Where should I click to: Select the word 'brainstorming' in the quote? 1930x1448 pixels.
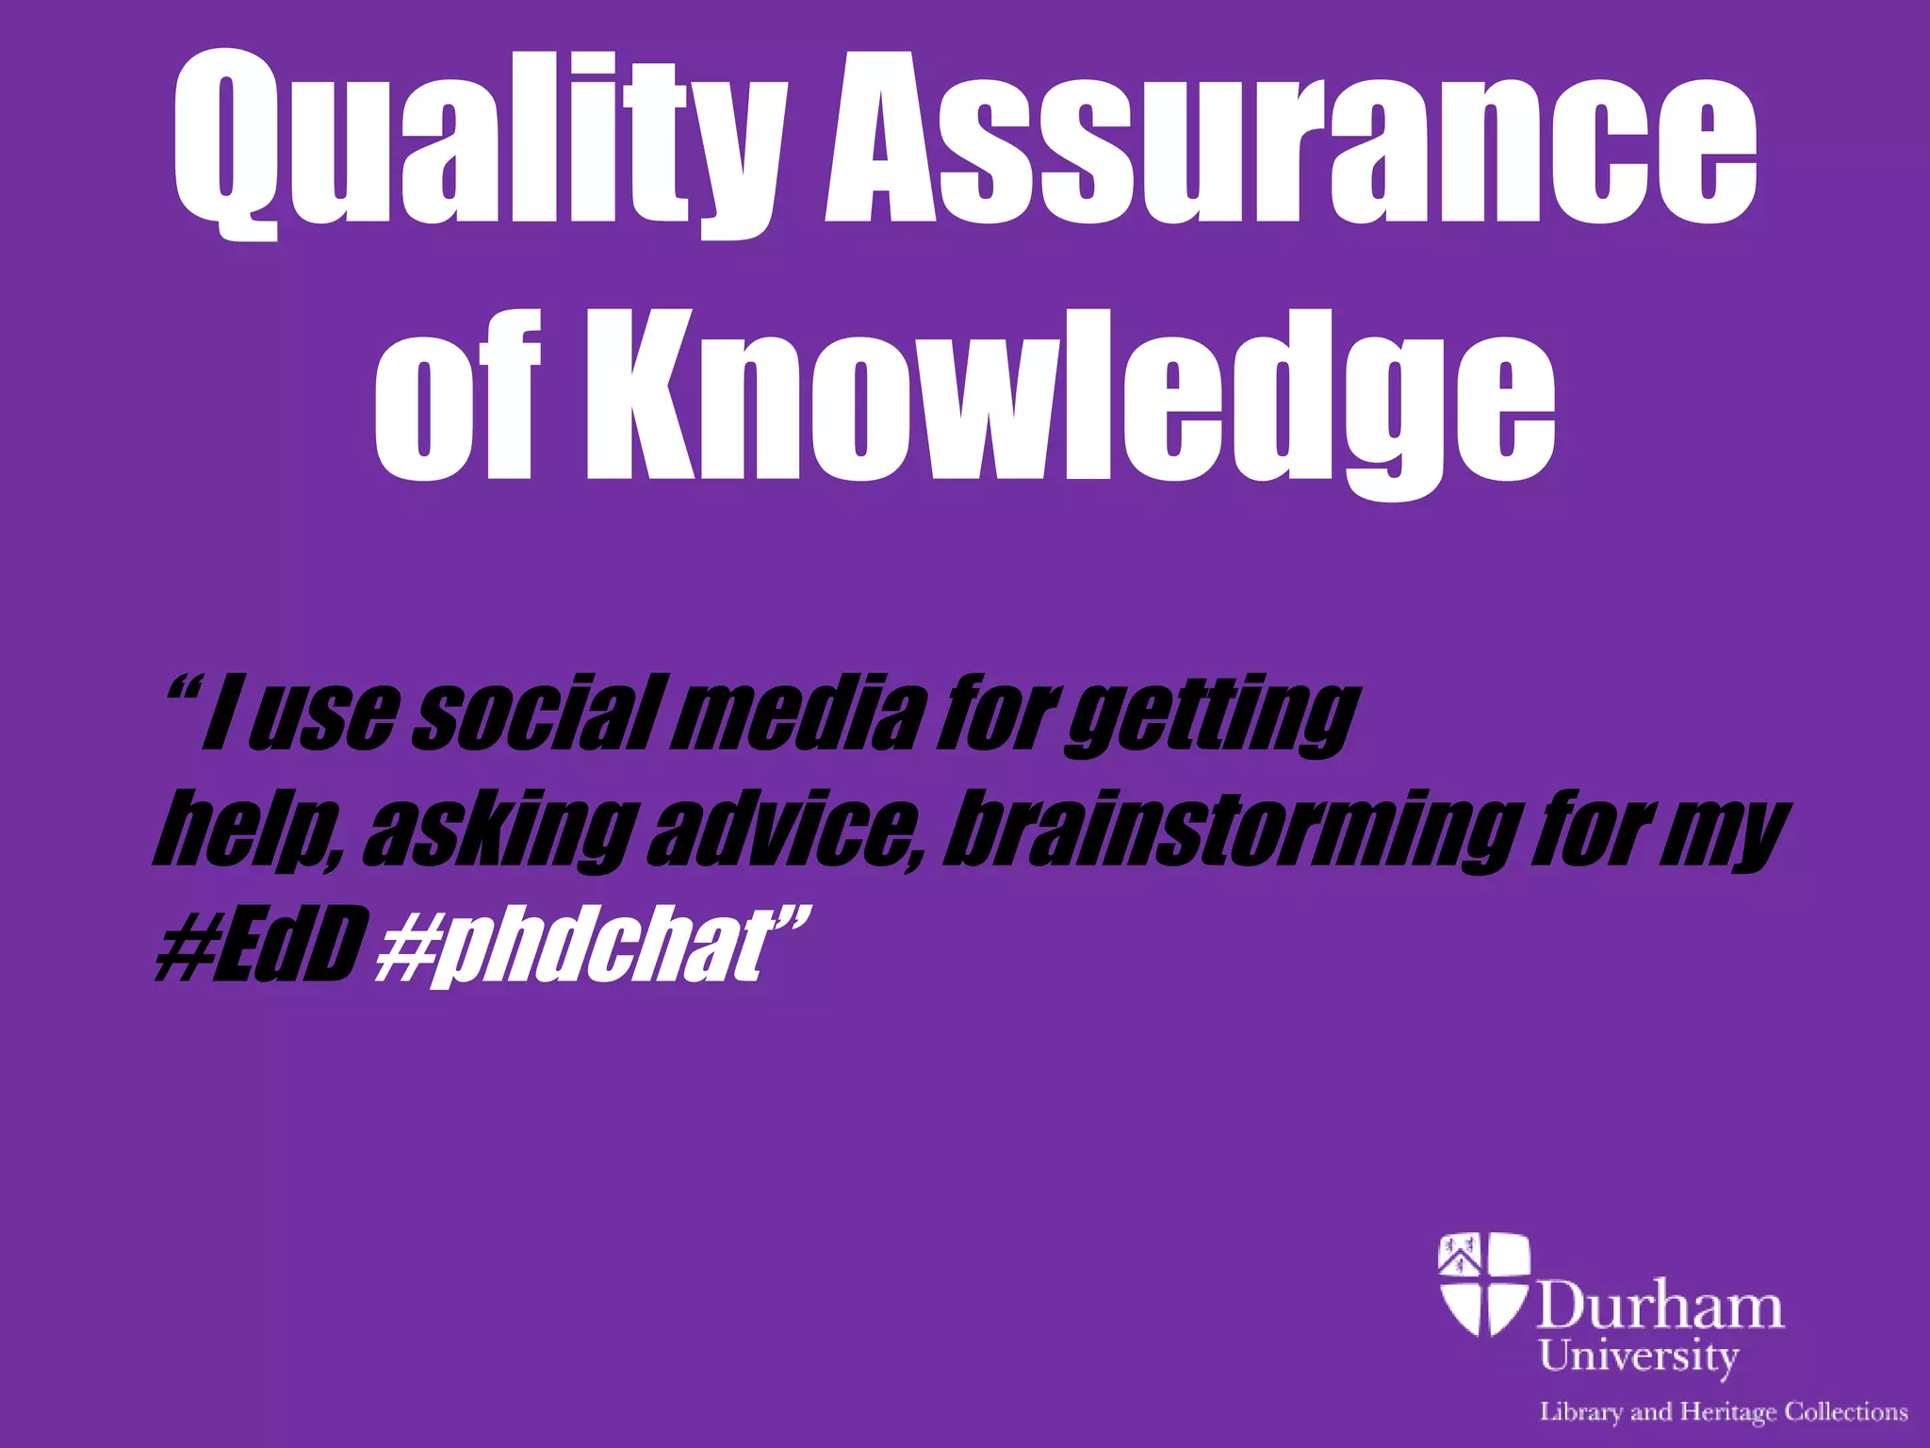coord(1230,830)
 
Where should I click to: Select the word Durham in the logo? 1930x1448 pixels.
coord(1660,1307)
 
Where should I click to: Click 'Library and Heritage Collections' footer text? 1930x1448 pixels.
coord(1723,1412)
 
